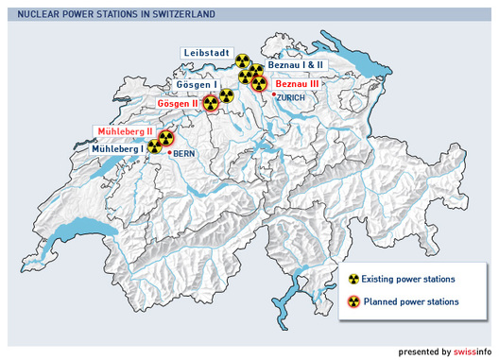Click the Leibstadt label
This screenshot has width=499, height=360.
pos(207,54)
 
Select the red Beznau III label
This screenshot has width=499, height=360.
pos(297,83)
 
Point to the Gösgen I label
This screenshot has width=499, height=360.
pos(196,85)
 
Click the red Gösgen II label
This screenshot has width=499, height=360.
pos(178,103)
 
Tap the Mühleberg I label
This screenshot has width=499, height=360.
pos(117,148)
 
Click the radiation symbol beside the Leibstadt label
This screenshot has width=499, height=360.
pos(243,61)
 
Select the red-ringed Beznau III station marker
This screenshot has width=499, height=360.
pos(258,83)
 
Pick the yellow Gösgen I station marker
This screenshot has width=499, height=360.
pos(227,94)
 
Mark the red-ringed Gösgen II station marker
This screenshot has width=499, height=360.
pos(210,104)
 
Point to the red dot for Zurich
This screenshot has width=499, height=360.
pos(273,94)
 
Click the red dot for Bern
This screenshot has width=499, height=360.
pos(169,152)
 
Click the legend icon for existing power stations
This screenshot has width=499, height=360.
pos(354,280)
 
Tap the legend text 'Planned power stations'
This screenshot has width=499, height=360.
pos(414,301)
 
